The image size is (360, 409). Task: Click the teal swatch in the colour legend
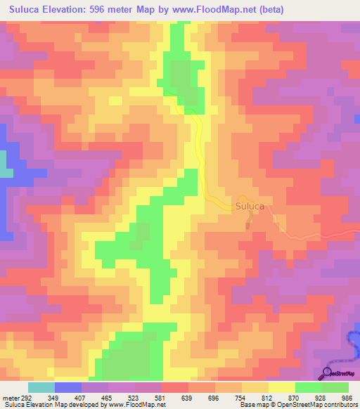41,387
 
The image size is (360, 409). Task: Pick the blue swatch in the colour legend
68,387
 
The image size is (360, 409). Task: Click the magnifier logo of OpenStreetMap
326,372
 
